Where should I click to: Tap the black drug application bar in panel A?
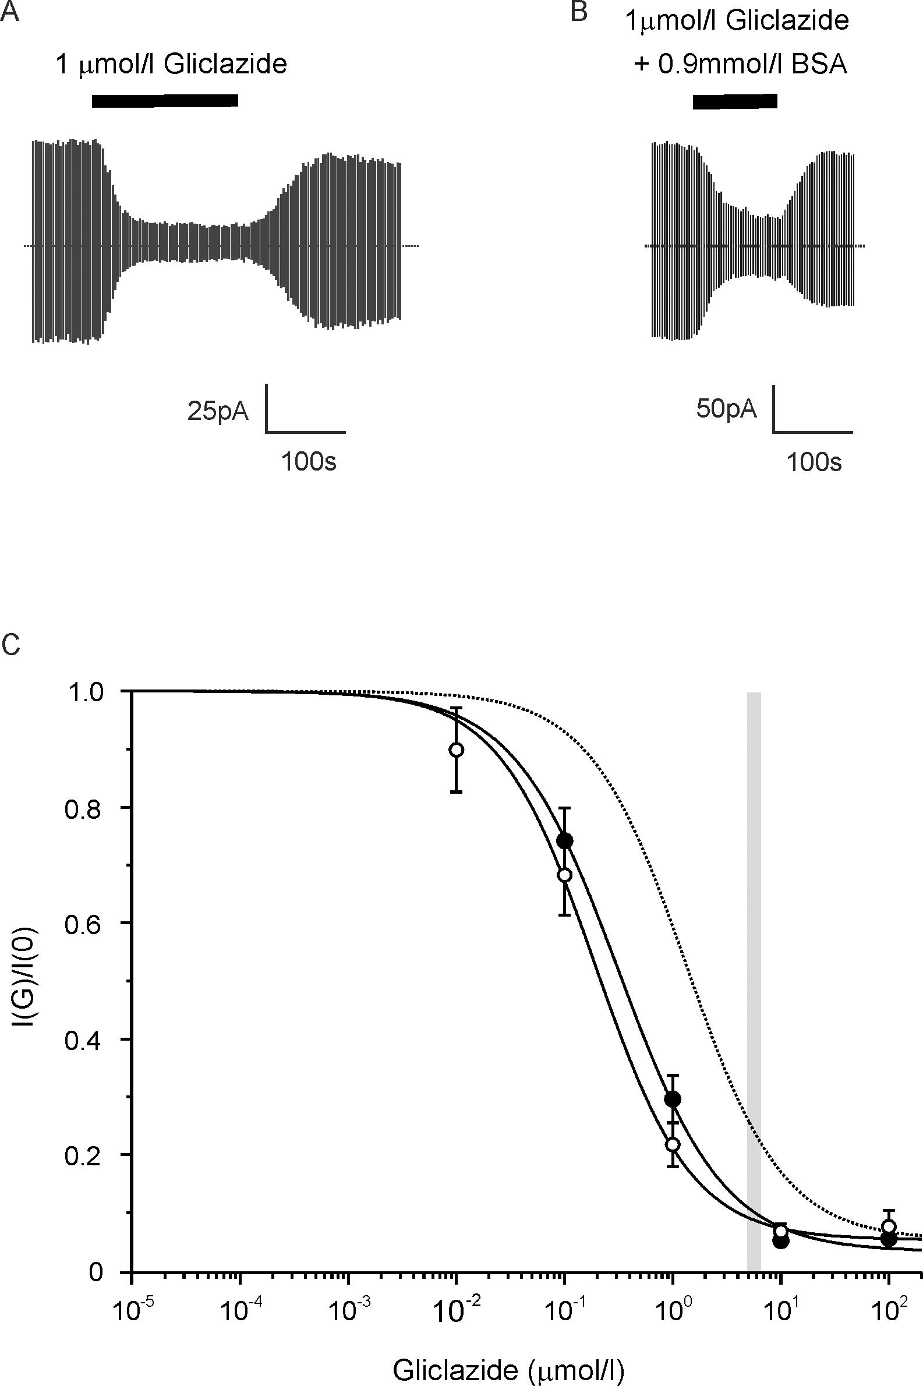click(x=165, y=101)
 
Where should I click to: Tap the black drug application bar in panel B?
click(x=735, y=101)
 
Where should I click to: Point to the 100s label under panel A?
click(x=308, y=462)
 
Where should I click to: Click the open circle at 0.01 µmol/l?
click(x=456, y=750)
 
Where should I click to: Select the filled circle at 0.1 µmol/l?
click(x=564, y=840)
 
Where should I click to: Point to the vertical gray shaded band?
click(x=754, y=971)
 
